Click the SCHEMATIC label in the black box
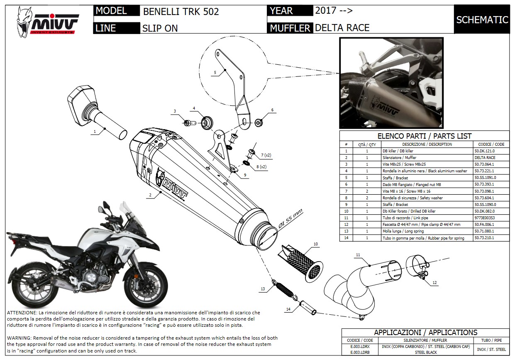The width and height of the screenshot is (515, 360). pyautogui.click(x=482, y=20)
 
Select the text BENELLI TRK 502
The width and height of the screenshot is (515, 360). pyautogui.click(x=181, y=11)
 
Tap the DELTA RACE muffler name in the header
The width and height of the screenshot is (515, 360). pyautogui.click(x=342, y=28)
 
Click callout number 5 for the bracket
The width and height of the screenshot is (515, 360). pyautogui.click(x=215, y=73)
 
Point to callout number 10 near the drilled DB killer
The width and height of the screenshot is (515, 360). pyautogui.click(x=315, y=244)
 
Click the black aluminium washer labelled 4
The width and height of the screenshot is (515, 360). pyautogui.click(x=206, y=122)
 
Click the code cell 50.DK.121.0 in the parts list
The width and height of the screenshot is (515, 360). pyautogui.click(x=484, y=151)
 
